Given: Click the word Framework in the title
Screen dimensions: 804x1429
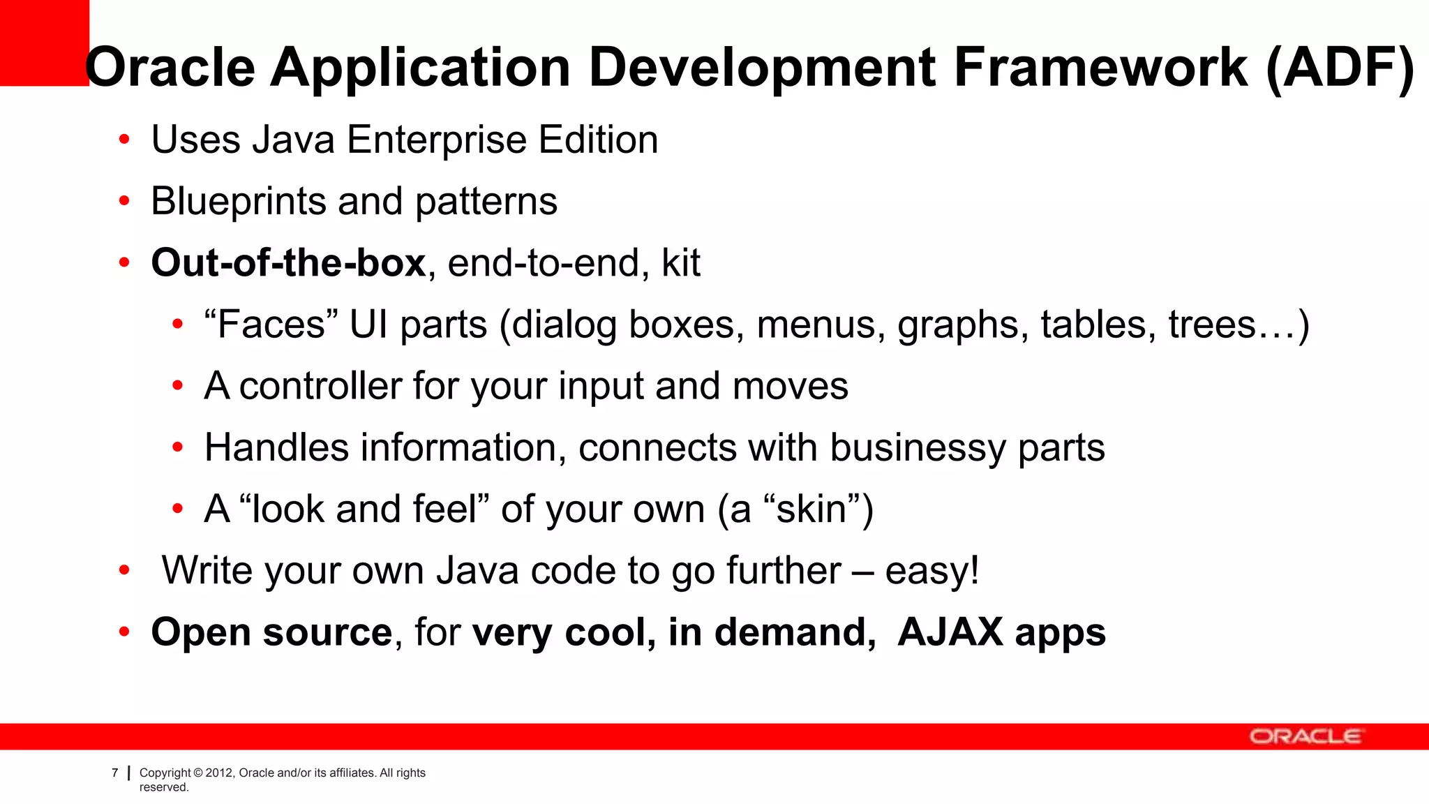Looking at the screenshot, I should (x=1100, y=68).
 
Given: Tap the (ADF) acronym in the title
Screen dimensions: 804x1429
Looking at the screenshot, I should (x=1339, y=68).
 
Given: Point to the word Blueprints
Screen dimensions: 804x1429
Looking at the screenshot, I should (x=238, y=202).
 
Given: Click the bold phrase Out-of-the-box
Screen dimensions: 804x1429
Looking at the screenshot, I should (x=288, y=263).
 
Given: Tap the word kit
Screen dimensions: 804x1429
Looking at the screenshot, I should (x=680, y=263).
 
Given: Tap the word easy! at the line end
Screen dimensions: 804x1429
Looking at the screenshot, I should (x=932, y=571).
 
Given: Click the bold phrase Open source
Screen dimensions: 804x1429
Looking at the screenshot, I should (x=272, y=632).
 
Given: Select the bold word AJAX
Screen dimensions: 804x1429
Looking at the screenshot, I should (x=950, y=632).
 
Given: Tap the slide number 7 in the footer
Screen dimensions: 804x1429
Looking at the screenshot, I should (x=115, y=773).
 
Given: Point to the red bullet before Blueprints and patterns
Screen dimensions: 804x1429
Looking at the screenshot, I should (x=124, y=202).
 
